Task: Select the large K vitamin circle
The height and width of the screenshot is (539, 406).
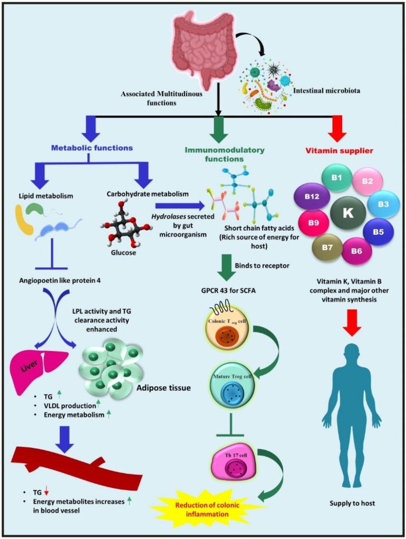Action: (x=347, y=212)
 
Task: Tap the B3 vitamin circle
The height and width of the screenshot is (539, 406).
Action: (x=383, y=204)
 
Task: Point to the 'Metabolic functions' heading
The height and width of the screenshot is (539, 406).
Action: (x=92, y=148)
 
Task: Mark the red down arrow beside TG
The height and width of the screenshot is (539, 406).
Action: (x=46, y=492)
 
